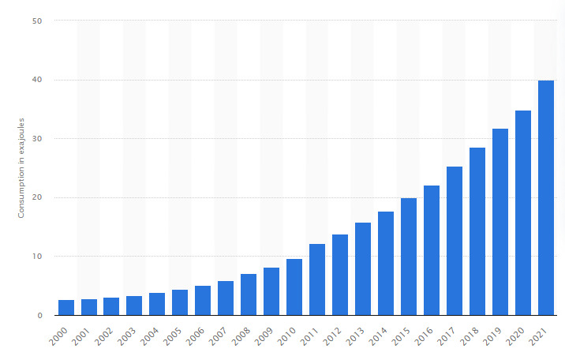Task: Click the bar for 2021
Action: point(545,198)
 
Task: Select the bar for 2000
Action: point(66,308)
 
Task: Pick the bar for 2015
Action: point(409,257)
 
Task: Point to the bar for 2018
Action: point(477,231)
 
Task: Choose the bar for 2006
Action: point(203,301)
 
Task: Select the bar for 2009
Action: point(271,291)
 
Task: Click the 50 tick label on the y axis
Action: point(38,21)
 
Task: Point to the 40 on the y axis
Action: point(38,80)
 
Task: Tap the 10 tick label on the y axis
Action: point(38,257)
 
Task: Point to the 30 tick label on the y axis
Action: point(38,139)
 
